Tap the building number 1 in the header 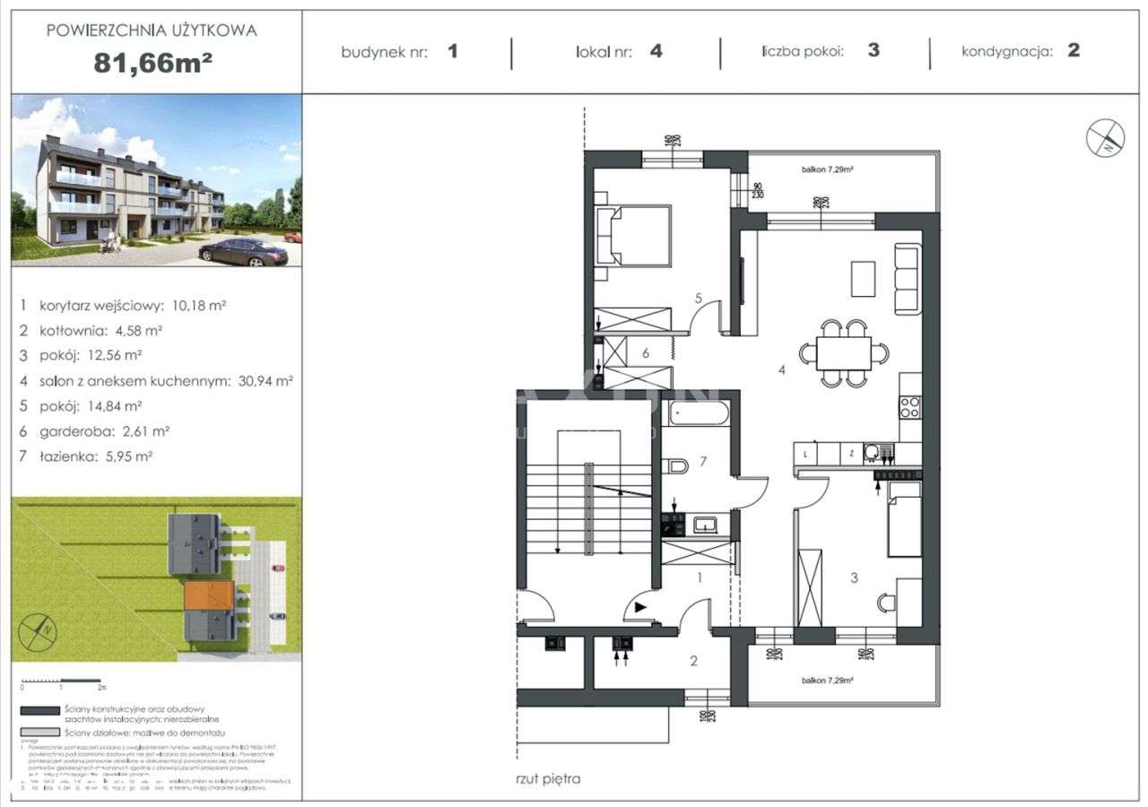(x=453, y=51)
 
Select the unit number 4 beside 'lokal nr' (x=657, y=51)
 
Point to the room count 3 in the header (x=873, y=51)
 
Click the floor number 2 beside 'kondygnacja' (x=1074, y=51)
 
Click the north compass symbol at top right (x=1105, y=137)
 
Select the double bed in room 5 (x=635, y=236)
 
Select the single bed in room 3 (x=904, y=518)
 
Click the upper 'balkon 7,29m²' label (x=826, y=169)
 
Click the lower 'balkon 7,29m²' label (x=826, y=681)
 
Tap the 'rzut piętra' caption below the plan (x=548, y=778)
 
